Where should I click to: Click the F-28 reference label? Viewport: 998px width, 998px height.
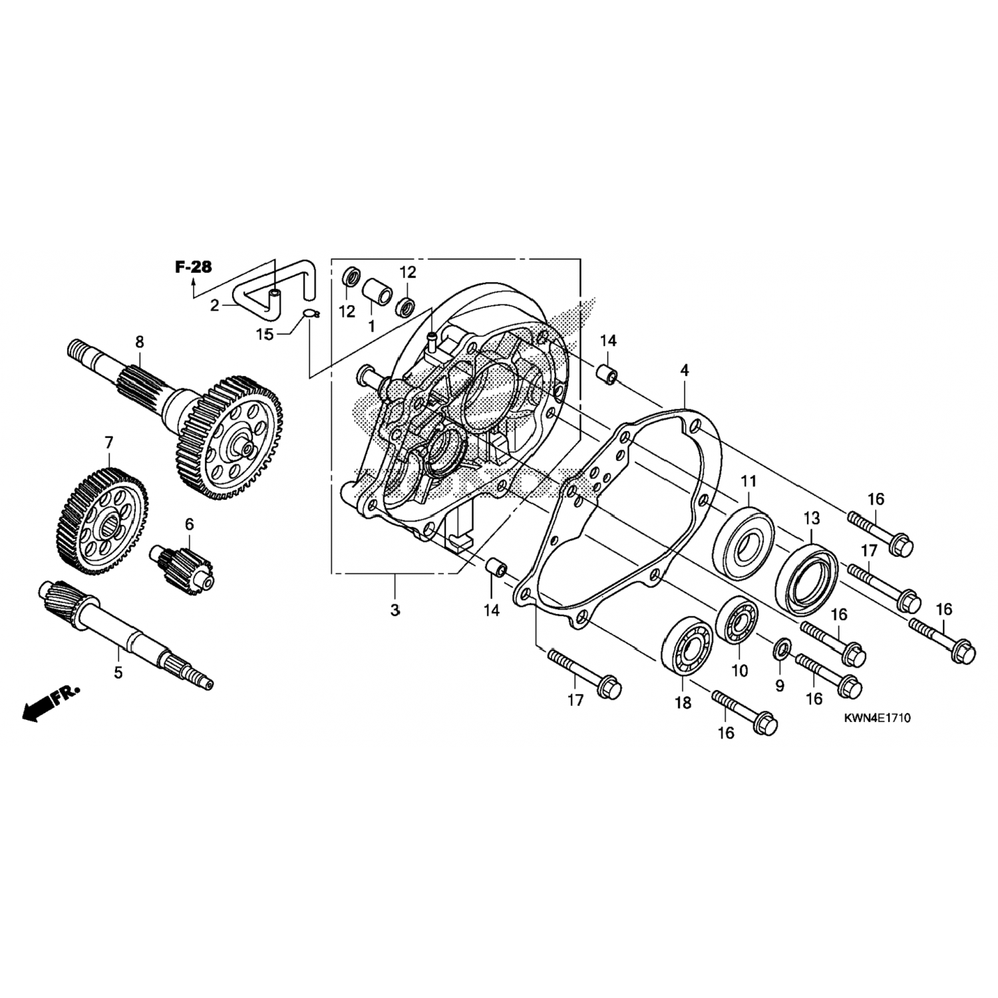(193, 267)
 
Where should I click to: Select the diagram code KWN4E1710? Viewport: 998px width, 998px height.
(878, 719)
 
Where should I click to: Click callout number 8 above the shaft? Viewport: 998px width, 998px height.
(139, 342)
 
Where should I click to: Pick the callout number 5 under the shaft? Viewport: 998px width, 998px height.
(118, 672)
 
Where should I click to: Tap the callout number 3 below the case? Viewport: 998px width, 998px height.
(395, 610)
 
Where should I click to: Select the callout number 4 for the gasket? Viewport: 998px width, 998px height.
(685, 371)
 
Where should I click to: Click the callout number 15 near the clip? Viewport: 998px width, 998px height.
(265, 334)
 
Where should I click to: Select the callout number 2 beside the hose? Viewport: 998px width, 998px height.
(214, 305)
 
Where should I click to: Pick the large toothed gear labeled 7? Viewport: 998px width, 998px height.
(106, 519)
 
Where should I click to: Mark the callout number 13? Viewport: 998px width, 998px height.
(812, 518)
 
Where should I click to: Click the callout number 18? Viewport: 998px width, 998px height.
(683, 703)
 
